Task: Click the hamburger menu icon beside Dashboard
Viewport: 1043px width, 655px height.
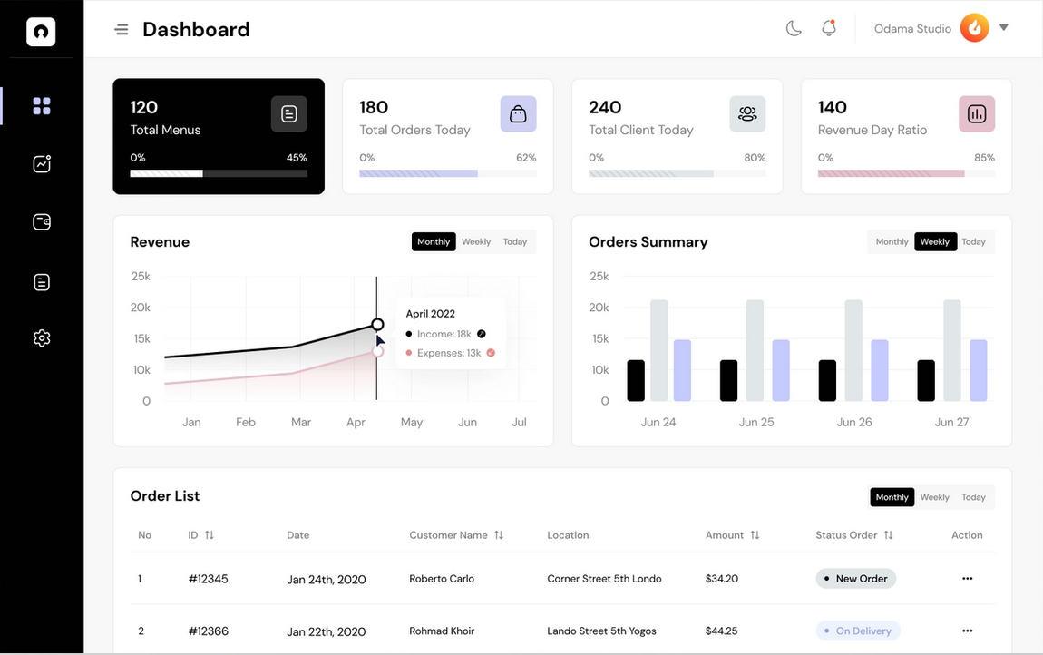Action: [x=122, y=30]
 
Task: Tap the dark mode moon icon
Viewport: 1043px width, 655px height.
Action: [x=794, y=29]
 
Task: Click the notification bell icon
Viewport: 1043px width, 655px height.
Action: [x=828, y=28]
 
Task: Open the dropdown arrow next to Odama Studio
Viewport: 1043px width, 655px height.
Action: [x=1004, y=27]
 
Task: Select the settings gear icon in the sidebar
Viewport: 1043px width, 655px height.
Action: [x=42, y=338]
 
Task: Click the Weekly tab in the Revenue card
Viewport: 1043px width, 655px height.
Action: [x=476, y=242]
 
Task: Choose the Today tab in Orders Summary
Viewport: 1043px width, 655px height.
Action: [x=973, y=242]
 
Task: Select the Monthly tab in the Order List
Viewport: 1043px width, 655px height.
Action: [x=892, y=497]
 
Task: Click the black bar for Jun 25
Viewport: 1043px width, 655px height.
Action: [x=728, y=381]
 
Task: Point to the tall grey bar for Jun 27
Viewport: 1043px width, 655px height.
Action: [x=951, y=350]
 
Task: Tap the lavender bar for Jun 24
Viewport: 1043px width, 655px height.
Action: [x=682, y=370]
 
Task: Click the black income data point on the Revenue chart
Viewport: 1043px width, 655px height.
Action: [x=377, y=325]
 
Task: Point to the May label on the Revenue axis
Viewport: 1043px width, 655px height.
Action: [x=412, y=423]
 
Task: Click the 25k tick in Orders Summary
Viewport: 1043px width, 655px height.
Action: [x=599, y=276]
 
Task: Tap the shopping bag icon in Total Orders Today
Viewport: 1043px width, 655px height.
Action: [x=518, y=114]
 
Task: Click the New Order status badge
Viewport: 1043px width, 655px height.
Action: [x=855, y=579]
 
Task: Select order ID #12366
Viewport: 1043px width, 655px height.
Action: [x=209, y=631]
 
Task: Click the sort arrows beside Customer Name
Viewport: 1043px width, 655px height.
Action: [x=499, y=535]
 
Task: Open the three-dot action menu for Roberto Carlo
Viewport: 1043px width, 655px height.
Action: [x=967, y=579]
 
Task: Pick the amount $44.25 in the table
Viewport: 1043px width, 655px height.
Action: [x=721, y=631]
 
